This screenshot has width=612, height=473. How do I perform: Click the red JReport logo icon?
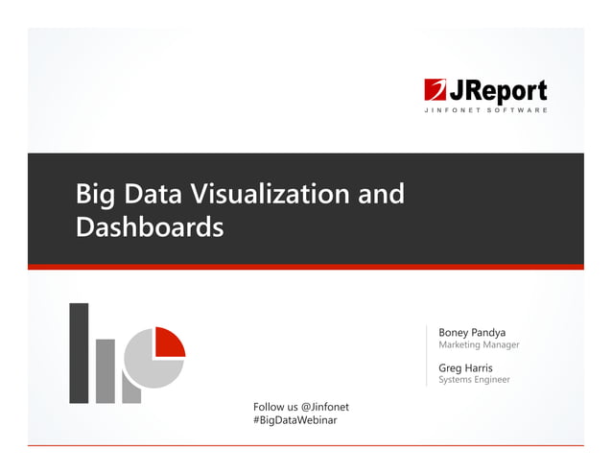pos(436,91)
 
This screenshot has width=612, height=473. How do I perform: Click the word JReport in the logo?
pos(499,91)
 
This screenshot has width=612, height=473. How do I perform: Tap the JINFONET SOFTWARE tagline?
pos(486,110)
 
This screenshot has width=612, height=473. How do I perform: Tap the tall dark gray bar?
pos(79,353)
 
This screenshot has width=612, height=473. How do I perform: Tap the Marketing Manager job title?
pos(479,345)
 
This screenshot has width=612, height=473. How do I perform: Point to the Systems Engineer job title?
pos(474,380)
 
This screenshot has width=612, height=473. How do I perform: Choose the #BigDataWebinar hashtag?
pos(295,421)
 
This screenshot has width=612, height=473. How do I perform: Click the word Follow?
pos(270,407)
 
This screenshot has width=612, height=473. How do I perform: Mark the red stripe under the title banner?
pos(305,267)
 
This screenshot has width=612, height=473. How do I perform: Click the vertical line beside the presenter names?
pos(427,355)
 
